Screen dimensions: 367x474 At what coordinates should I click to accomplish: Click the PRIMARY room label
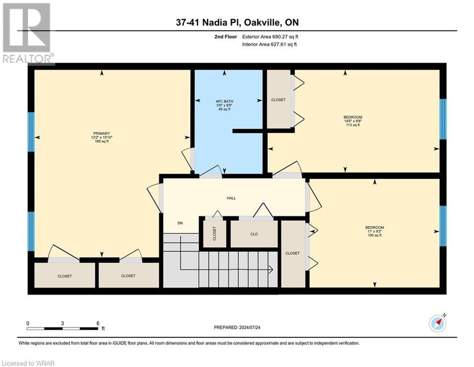[x=102, y=133]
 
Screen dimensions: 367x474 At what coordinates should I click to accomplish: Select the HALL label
[x=232, y=198]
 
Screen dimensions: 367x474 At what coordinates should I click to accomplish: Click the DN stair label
[x=180, y=223]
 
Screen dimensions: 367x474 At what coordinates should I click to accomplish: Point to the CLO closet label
[x=254, y=234]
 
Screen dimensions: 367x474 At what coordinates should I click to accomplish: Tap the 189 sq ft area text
[x=102, y=141]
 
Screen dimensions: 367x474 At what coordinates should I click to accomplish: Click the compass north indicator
[x=437, y=324]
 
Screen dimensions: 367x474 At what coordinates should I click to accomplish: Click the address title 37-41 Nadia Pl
[x=236, y=22]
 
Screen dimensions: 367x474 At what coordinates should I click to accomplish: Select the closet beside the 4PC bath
[x=278, y=100]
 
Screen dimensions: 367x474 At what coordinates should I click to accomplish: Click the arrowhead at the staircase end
[x=271, y=270]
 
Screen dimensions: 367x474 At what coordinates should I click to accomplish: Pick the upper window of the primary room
[x=31, y=131]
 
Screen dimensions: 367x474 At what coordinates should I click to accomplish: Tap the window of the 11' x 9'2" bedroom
[x=442, y=226]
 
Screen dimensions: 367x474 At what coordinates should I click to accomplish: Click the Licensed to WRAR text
[x=29, y=363]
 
